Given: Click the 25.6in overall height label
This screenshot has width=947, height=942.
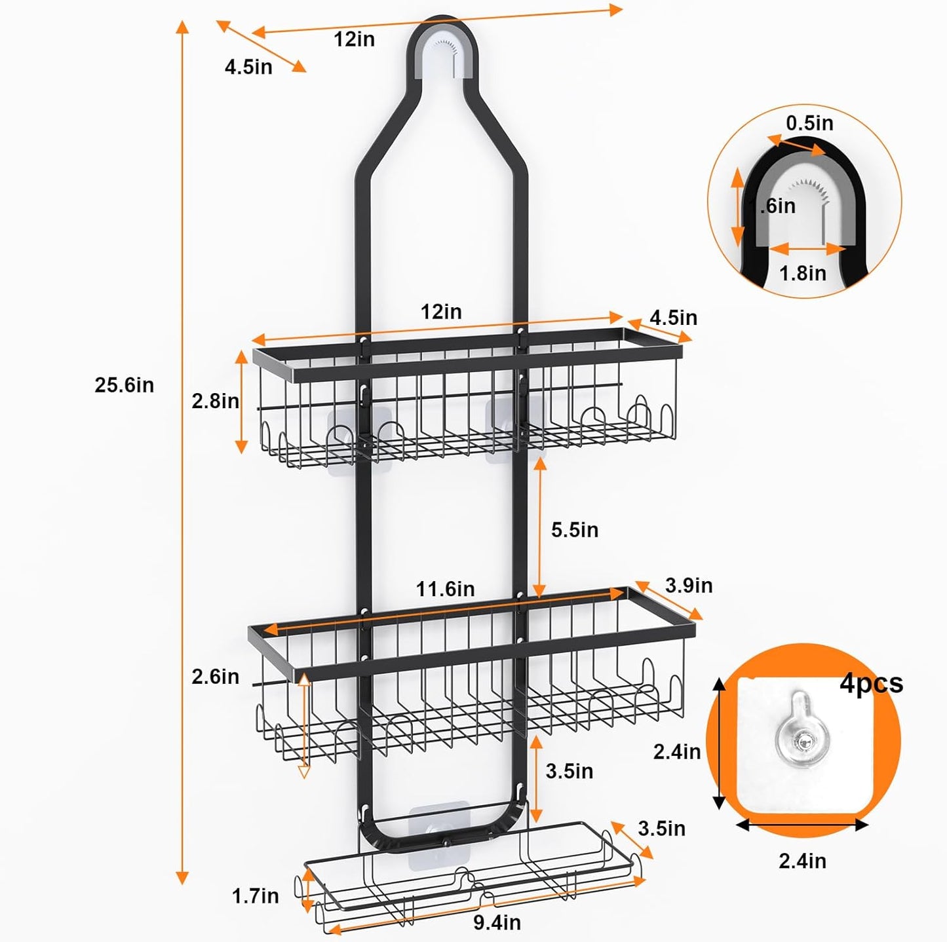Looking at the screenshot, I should (x=124, y=385).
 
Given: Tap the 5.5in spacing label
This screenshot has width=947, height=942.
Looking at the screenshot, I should (x=574, y=529).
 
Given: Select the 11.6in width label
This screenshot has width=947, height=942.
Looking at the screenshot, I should (x=445, y=589).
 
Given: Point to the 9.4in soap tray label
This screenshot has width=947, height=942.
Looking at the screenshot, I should (x=497, y=922).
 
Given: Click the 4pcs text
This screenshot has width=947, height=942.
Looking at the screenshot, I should (x=871, y=683).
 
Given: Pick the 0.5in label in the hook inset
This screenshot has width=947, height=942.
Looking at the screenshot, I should (x=809, y=123).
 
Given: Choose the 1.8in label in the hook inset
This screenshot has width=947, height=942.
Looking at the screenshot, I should (x=802, y=273).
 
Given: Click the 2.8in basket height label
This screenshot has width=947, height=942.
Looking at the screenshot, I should (x=215, y=401).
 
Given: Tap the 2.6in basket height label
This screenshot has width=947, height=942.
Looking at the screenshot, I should (x=215, y=677).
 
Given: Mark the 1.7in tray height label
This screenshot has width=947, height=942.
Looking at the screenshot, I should (x=255, y=895).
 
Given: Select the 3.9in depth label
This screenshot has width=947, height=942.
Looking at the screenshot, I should (x=688, y=585).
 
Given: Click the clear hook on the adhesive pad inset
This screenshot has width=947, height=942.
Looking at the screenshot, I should (x=801, y=738).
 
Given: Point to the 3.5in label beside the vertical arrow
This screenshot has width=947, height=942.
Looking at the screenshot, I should (x=569, y=771).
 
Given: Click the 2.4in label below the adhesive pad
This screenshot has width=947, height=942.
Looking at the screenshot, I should (x=802, y=861).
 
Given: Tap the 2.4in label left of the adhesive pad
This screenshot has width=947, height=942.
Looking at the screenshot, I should (x=676, y=751).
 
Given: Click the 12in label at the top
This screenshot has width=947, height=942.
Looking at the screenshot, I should (x=354, y=39).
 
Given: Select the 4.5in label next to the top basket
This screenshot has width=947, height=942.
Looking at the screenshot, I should (x=673, y=318).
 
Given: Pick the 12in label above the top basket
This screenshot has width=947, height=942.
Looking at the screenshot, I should (x=440, y=312).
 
